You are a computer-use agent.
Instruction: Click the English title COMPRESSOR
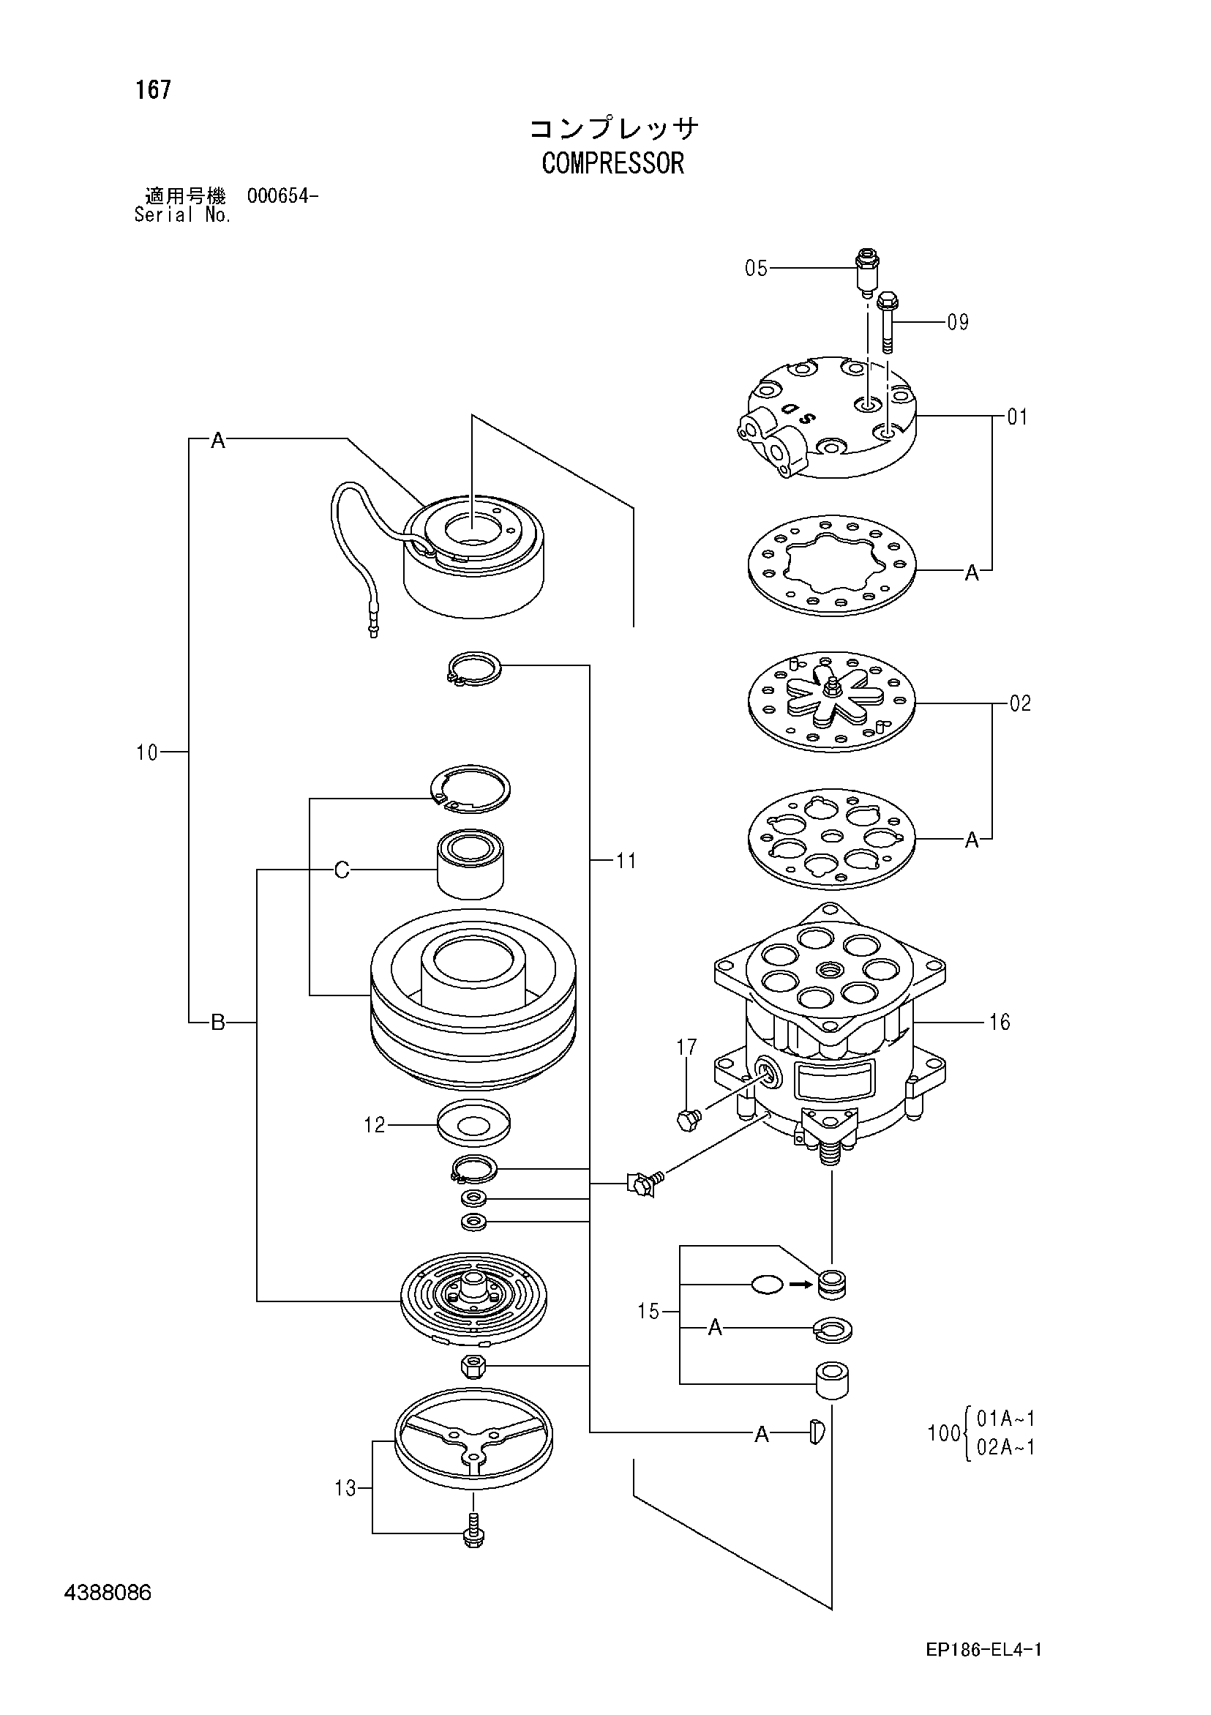tap(612, 162)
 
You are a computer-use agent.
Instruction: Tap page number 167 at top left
tap(153, 89)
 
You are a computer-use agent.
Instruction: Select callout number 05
tap(756, 268)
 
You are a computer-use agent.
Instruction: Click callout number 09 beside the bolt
tap(958, 322)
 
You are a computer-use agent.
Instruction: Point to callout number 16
tap(999, 1022)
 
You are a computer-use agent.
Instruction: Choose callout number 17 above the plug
tap(686, 1047)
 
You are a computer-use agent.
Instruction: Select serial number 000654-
tap(282, 196)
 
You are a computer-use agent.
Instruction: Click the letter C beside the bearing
tap(341, 870)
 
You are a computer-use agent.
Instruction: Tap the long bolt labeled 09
tap(888, 322)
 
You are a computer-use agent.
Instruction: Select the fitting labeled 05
tap(866, 273)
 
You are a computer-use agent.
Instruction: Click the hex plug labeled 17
tap(688, 1119)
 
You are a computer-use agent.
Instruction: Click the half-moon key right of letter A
tap(816, 1431)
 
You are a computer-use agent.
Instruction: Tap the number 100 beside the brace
tap(943, 1433)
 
